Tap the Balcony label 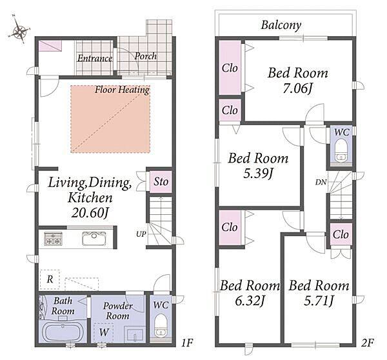pos(281,25)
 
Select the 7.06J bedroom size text pos(298,88)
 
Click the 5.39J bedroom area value pos(258,174)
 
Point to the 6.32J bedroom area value pos(250,301)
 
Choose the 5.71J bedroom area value pos(319,301)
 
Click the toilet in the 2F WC pos(341,150)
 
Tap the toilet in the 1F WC pos(161,325)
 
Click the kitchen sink pos(94,238)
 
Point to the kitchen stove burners pos(53,239)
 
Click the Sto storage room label pos(161,182)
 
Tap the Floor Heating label pos(122,90)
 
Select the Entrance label pos(95,59)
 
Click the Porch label pos(145,56)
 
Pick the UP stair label pos(141,234)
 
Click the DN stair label pos(321,183)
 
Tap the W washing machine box pos(104,332)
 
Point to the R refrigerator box pos(50,279)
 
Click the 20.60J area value pos(90,213)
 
